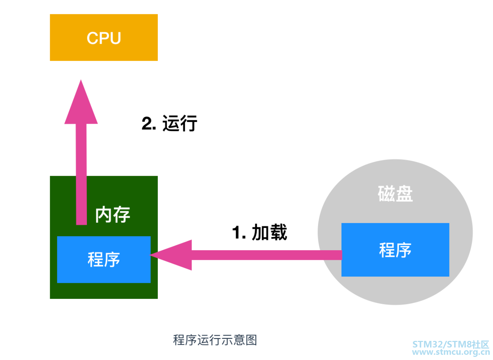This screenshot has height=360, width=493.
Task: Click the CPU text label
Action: (104, 38)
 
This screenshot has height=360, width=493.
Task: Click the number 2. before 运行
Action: (149, 124)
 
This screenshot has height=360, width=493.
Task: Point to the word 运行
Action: (180, 124)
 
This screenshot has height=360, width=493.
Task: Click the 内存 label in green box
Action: (113, 214)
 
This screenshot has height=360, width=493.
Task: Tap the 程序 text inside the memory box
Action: (104, 260)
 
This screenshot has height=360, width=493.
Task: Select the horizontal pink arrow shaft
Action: (264, 255)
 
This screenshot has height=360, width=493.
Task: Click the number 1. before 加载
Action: (239, 232)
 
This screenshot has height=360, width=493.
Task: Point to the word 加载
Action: (269, 232)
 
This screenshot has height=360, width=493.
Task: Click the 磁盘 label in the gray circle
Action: (395, 194)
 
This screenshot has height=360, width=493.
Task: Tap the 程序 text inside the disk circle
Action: (395, 250)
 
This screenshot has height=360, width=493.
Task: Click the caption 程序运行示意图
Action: (215, 340)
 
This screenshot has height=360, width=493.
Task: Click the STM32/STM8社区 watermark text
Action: (451, 344)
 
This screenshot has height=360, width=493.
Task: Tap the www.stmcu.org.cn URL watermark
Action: (451, 352)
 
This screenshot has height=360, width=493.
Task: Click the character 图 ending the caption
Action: (251, 340)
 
